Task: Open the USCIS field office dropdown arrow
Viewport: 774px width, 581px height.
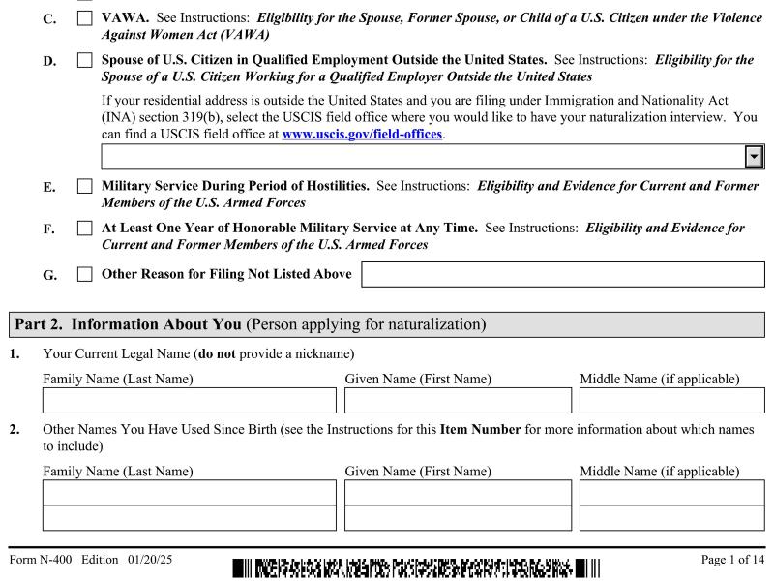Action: [752, 156]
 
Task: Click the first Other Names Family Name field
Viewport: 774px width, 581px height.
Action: [190, 494]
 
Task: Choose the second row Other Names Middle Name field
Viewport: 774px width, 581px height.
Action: [670, 517]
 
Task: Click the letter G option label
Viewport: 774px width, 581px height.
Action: [49, 276]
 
